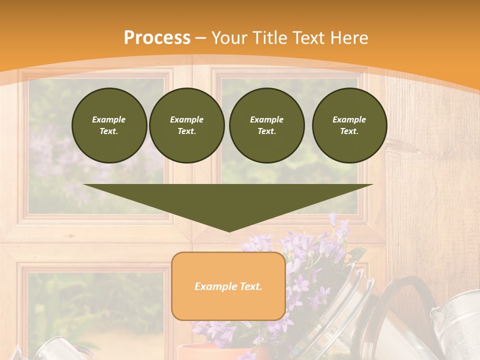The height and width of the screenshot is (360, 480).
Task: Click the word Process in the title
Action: (x=157, y=38)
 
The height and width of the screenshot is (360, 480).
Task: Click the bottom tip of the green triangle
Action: (x=229, y=230)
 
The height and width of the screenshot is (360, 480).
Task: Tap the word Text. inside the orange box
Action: (x=250, y=286)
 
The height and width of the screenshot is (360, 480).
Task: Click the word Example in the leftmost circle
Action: (x=109, y=119)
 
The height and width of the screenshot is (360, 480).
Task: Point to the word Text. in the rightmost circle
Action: (x=349, y=131)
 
